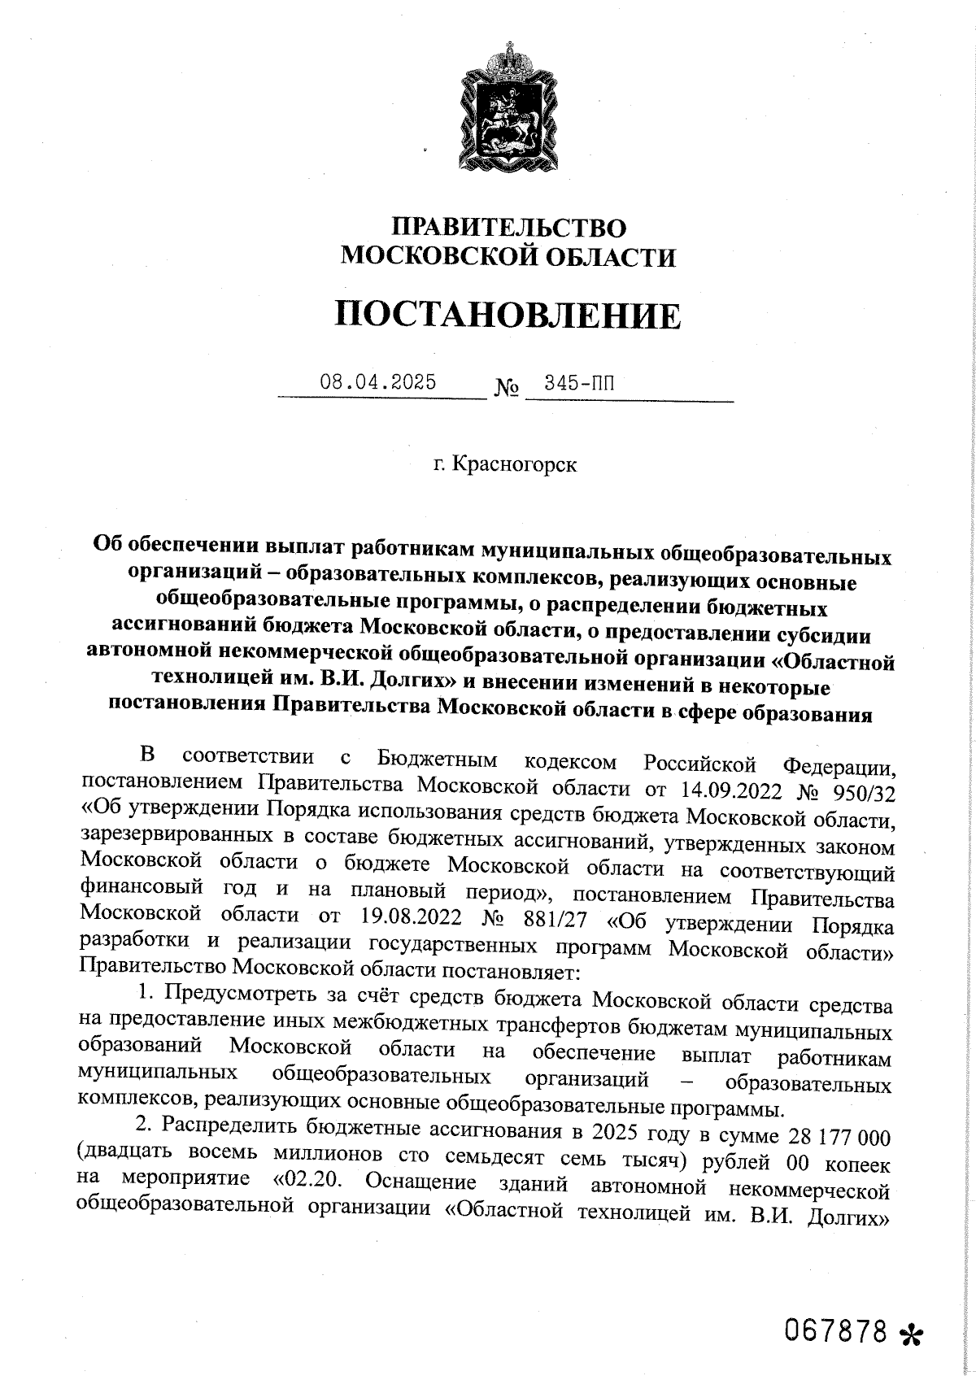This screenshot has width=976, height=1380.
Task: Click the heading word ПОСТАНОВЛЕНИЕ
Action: [508, 315]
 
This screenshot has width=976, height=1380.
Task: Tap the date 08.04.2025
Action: [377, 382]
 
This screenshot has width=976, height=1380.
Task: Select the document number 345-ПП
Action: [579, 383]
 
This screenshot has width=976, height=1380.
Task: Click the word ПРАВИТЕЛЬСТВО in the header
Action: [509, 227]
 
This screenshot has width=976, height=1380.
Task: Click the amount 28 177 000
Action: [835, 1135]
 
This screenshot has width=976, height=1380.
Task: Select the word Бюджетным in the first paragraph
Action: [438, 761]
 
